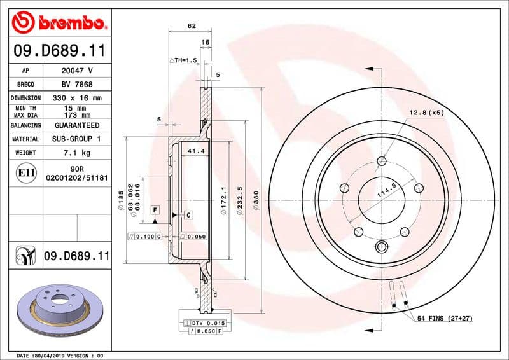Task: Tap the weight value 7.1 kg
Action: coord(76,153)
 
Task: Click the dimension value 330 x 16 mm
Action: coord(76,98)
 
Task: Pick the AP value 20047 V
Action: coord(76,71)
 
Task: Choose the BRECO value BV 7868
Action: coord(76,84)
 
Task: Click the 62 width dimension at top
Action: coord(191,26)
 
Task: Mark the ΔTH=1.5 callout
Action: coord(184,60)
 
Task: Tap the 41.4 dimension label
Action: coord(196,151)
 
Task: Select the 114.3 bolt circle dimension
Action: coord(386,189)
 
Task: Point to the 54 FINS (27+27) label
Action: coord(443,317)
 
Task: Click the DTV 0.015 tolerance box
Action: coord(204,324)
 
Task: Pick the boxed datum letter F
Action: coord(154,209)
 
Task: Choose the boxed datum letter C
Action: coord(188,216)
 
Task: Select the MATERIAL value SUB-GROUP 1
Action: coord(76,139)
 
